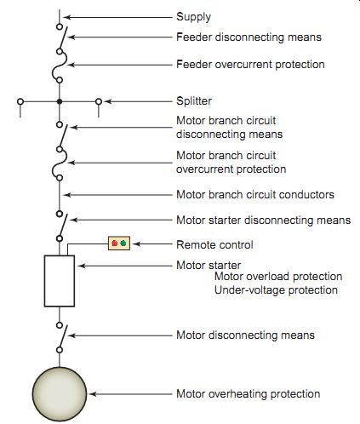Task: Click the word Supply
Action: (x=193, y=17)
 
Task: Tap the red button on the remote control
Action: (x=115, y=244)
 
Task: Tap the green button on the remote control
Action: (x=123, y=244)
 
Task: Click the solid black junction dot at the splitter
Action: (x=60, y=101)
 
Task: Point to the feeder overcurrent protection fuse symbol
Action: (x=60, y=66)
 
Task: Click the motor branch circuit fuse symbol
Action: (x=60, y=163)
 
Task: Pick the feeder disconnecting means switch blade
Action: (x=63, y=38)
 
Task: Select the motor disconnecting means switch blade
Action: (x=63, y=336)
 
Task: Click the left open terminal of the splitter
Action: (x=20, y=101)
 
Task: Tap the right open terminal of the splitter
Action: (x=99, y=101)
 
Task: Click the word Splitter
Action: (x=194, y=101)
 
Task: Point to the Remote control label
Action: (x=214, y=244)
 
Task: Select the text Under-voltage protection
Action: (x=276, y=290)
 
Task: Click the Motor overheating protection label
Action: (x=249, y=394)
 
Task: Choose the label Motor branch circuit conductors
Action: (x=255, y=195)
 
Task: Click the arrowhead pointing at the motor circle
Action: (x=93, y=394)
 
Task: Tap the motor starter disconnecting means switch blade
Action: (x=63, y=226)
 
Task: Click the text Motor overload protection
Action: (x=278, y=277)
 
